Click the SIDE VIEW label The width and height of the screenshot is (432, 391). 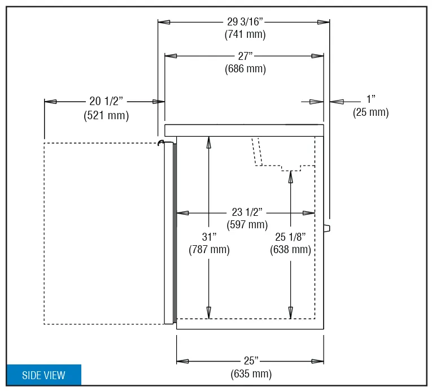click(x=43, y=375)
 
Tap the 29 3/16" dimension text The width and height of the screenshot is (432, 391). click(x=245, y=21)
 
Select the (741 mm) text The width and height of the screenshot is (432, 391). click(x=245, y=34)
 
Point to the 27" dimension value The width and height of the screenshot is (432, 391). click(x=245, y=56)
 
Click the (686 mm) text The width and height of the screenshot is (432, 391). click(x=245, y=69)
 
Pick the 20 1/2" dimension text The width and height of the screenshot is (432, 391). click(x=106, y=101)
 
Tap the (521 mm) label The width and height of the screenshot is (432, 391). click(x=106, y=115)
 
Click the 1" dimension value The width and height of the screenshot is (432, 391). click(x=371, y=99)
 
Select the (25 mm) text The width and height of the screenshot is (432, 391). click(x=370, y=112)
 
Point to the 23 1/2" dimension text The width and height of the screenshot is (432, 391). click(x=247, y=212)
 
